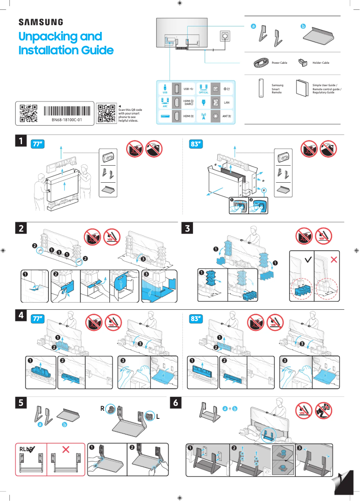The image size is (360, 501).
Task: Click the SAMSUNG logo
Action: coord(40,22)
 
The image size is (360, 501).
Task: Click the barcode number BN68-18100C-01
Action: coord(66,120)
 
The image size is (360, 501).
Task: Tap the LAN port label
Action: coord(227,103)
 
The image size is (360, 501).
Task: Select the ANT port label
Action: coord(227,116)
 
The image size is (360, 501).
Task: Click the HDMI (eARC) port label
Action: coord(189,103)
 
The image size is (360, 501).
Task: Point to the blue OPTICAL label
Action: coord(203,92)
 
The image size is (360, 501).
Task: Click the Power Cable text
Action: coord(279,63)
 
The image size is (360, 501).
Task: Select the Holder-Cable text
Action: coord(320,63)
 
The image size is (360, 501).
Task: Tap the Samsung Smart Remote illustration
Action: coord(260,88)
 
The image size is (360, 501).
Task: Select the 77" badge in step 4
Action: coord(38,318)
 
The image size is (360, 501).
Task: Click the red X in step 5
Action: coord(66,449)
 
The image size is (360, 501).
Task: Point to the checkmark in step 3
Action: coord(307,259)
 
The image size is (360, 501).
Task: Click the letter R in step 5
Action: coord(102,409)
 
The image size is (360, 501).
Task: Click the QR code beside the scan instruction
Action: coord(106,114)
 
